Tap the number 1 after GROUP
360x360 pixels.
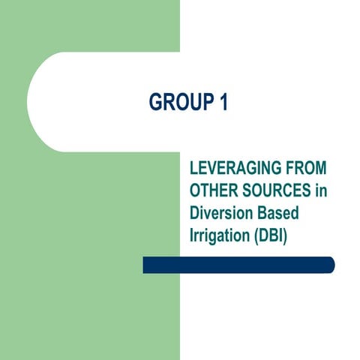[x=223, y=102]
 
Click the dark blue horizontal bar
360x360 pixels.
[x=238, y=265]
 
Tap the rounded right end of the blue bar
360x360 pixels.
[x=329, y=265]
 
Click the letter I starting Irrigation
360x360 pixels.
[x=192, y=235]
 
